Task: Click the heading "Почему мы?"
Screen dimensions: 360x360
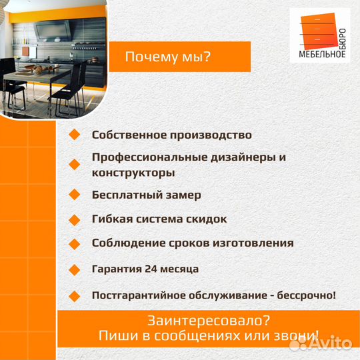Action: tap(168, 57)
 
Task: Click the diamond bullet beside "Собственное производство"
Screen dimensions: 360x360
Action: tap(74, 135)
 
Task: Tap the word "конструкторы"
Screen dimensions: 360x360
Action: tap(133, 173)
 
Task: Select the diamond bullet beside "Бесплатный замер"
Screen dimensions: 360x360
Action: tap(74, 195)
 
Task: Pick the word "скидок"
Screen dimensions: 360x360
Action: tap(203, 219)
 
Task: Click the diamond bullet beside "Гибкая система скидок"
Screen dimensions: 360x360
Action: tap(74, 219)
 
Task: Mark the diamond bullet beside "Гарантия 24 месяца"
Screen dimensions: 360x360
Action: tap(74, 269)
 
